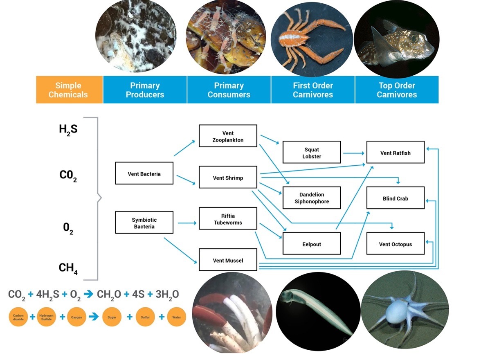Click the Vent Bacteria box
click(144, 173)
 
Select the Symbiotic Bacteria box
click(144, 223)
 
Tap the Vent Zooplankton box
click(228, 136)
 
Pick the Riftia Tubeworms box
click(228, 219)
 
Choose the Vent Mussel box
click(228, 260)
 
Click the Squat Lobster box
click(312, 153)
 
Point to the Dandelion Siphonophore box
click(312, 198)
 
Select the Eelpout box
click(312, 244)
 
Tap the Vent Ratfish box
click(395, 153)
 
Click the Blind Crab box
click(395, 198)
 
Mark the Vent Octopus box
click(395, 244)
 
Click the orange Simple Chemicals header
click(69, 90)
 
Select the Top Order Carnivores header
click(396, 90)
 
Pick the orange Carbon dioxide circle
click(18, 317)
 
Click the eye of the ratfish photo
click(414, 38)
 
